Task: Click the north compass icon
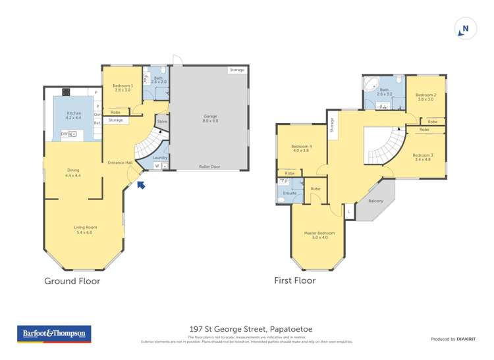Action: tap(465, 28)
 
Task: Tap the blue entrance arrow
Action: tap(141, 186)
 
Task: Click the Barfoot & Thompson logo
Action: tap(53, 334)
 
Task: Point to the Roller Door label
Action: tap(210, 167)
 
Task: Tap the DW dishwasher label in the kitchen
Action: tap(65, 134)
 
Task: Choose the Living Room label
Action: tap(84, 230)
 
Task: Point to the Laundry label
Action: tap(159, 158)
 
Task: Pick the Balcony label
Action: tap(376, 201)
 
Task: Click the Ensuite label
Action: tap(290, 193)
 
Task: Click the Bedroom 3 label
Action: tap(422, 157)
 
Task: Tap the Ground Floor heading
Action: tap(72, 281)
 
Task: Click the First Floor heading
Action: tap(294, 280)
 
